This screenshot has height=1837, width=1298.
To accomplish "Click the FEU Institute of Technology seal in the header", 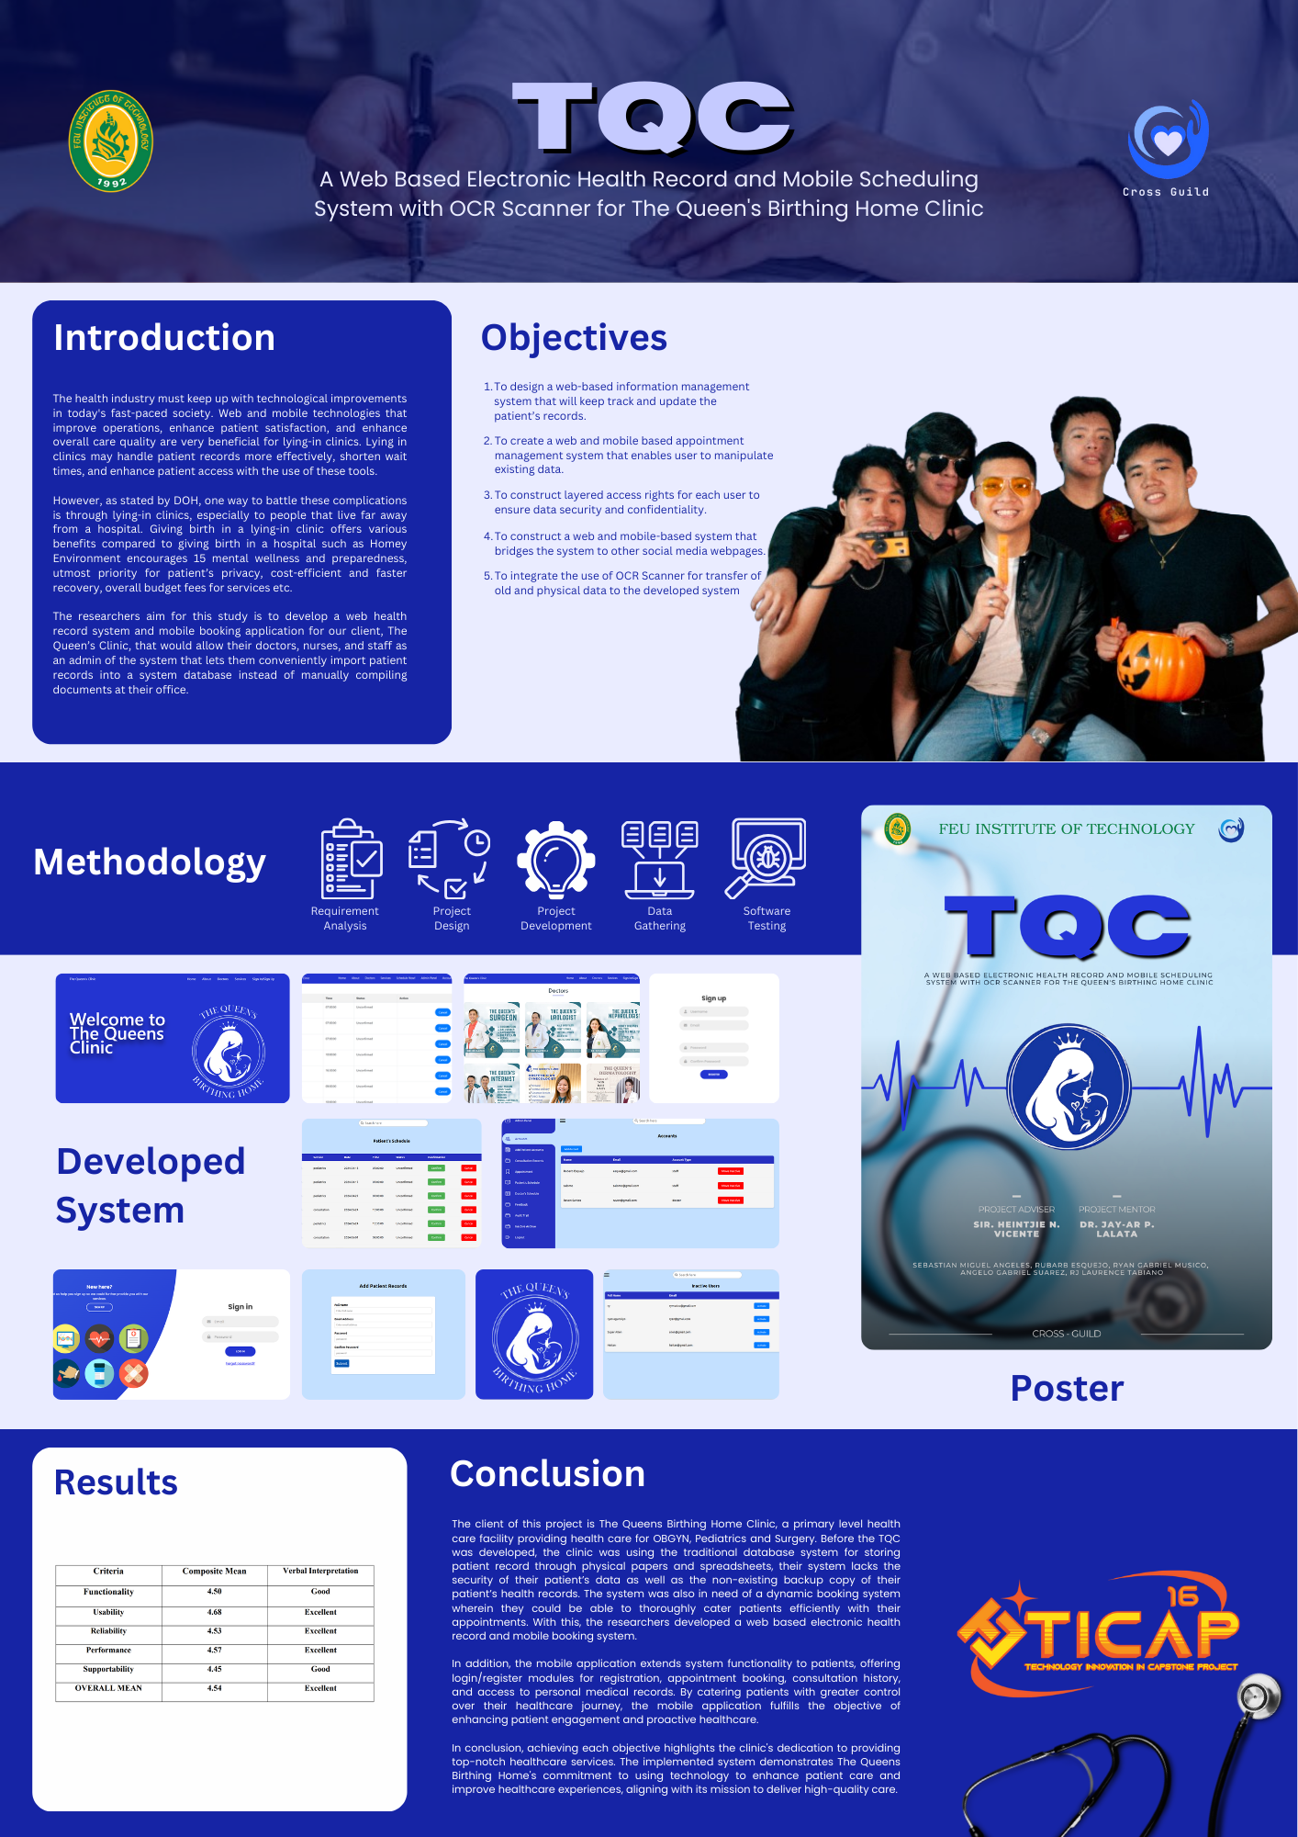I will (x=111, y=141).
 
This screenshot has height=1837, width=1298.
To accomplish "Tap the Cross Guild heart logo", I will (x=1168, y=140).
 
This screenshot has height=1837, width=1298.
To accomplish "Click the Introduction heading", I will (x=164, y=338).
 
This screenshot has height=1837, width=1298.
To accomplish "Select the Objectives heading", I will (x=574, y=338).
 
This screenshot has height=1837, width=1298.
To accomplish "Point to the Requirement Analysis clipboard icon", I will (x=351, y=859).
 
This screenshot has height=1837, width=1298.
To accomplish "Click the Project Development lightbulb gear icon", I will (x=555, y=859).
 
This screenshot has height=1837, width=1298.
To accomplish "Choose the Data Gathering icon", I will (x=659, y=860).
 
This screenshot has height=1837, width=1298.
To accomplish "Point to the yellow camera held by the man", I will (x=883, y=544).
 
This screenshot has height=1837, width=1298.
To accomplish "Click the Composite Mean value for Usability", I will (x=214, y=1612).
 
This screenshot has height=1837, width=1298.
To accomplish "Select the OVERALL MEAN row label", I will (x=108, y=1688).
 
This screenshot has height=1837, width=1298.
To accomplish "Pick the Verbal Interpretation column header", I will (x=320, y=1572).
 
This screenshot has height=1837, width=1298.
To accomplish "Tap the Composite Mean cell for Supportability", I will (x=214, y=1669).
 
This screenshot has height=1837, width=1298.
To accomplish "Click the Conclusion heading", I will (x=547, y=1474).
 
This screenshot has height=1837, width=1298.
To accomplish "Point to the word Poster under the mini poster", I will (x=1067, y=1389).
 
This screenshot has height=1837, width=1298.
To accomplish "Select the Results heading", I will (x=116, y=1482).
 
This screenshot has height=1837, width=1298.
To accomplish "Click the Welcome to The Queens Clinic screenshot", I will (x=173, y=1038).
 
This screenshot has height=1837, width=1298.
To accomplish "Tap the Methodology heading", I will (x=150, y=862).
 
